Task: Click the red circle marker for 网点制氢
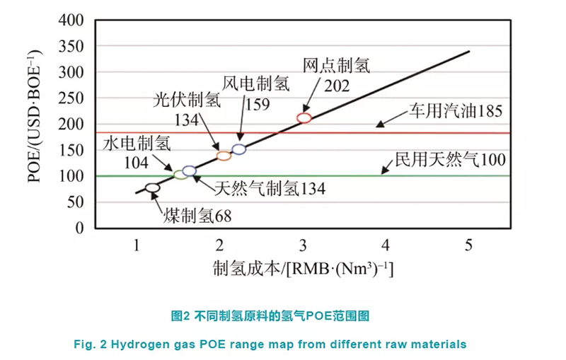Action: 304,118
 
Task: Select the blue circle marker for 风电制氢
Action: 239,149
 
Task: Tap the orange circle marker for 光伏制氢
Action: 224,156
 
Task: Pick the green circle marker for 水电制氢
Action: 180,174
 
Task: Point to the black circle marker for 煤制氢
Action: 153,188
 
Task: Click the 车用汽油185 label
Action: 455,111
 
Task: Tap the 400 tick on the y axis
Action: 73,21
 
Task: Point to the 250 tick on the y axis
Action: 73,98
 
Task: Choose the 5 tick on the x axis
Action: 468,245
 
